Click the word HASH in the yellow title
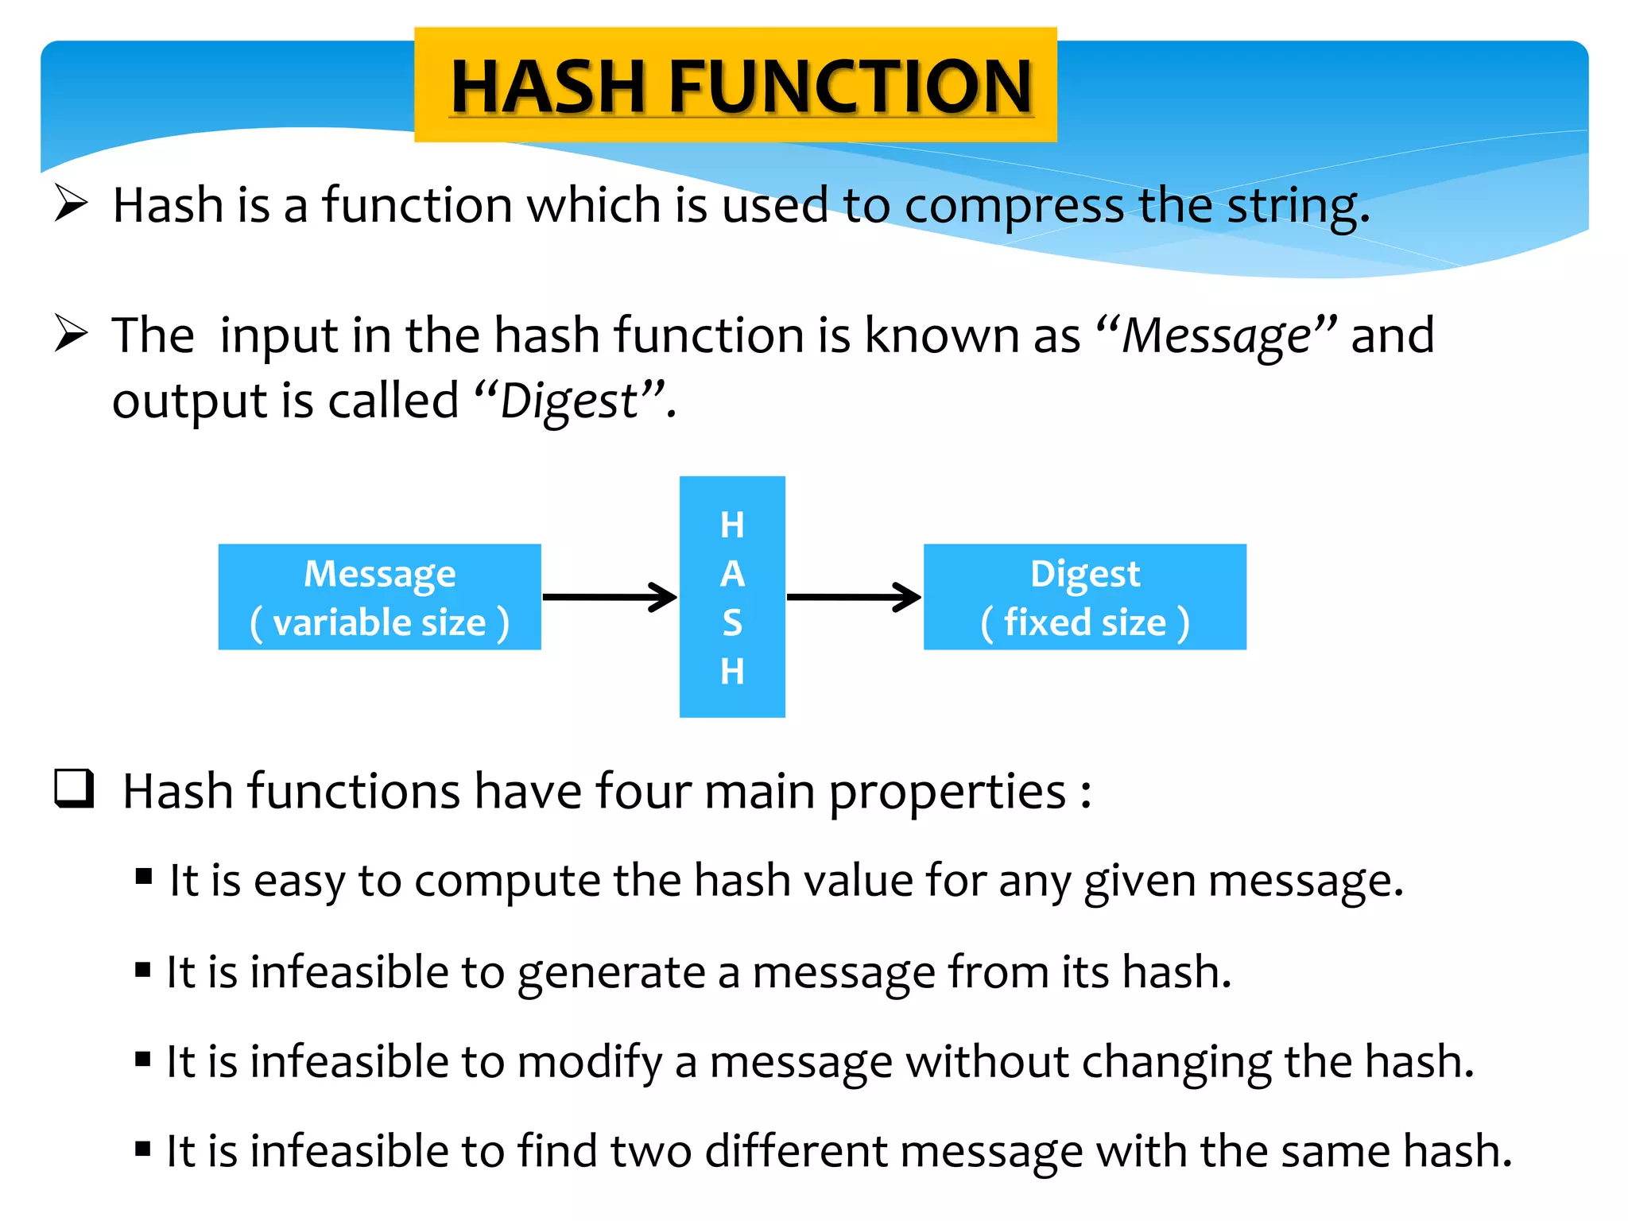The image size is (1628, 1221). [547, 87]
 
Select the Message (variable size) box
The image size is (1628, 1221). [379, 597]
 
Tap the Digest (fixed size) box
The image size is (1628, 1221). [1084, 597]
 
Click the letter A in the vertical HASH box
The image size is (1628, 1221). [732, 574]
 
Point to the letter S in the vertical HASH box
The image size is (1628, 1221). [732, 622]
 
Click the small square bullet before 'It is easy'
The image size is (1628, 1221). [144, 877]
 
